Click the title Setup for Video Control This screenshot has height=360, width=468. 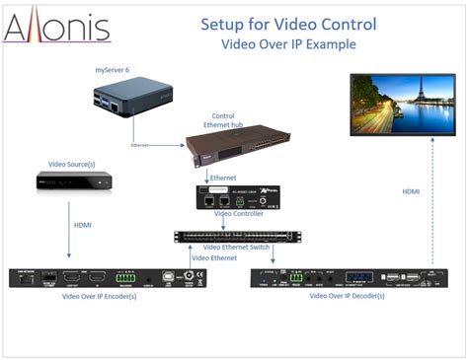pyautogui.click(x=275, y=23)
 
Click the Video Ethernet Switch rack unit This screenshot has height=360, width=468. pyautogui.click(x=237, y=236)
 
